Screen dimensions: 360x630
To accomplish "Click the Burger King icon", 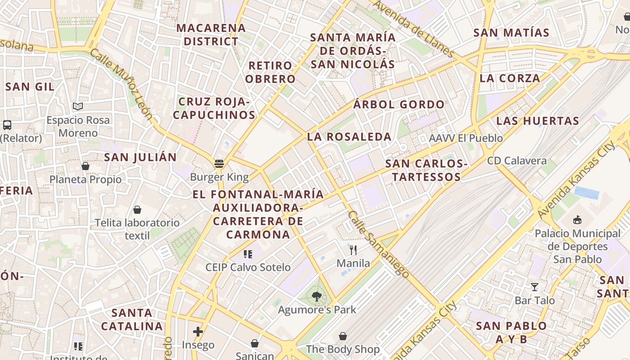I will pyautogui.click(x=219, y=164).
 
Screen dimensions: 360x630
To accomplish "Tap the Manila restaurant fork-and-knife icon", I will pyautogui.click(x=353, y=250).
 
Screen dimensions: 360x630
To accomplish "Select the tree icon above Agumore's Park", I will pyautogui.click(x=317, y=296).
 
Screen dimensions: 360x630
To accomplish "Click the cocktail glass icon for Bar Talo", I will pyautogui.click(x=535, y=287).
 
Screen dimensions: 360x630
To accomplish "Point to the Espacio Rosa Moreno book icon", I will pyautogui.click(x=78, y=107).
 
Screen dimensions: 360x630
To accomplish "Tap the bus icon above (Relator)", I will pyautogui.click(x=7, y=125).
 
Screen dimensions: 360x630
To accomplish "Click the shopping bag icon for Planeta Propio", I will pyautogui.click(x=85, y=166).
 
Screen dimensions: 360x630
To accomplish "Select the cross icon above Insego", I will pyautogui.click(x=198, y=332).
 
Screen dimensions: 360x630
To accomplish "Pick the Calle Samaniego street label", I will pyautogui.click(x=378, y=244).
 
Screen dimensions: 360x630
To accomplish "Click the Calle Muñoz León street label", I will pyautogui.click(x=121, y=84).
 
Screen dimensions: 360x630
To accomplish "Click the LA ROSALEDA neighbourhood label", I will pyautogui.click(x=349, y=137).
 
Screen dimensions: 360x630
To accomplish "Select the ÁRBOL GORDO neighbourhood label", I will pyautogui.click(x=399, y=105).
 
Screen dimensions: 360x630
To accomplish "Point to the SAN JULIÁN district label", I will pyautogui.click(x=140, y=157).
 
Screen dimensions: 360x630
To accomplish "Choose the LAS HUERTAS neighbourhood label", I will pyautogui.click(x=537, y=121).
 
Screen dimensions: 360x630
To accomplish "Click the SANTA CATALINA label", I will pyautogui.click(x=131, y=319).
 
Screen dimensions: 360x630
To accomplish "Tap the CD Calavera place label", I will pyautogui.click(x=517, y=161).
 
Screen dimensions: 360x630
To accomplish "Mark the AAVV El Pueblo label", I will pyautogui.click(x=466, y=138).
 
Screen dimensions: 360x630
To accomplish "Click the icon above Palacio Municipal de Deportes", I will pyautogui.click(x=577, y=220).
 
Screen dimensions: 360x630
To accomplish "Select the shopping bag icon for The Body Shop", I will pyautogui.click(x=343, y=336).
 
